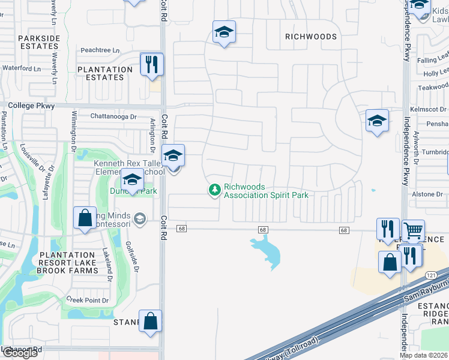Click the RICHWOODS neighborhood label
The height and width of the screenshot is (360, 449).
(x=311, y=37)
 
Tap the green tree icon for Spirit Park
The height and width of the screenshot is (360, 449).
(x=214, y=190)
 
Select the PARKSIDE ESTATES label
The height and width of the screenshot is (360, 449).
(x=39, y=42)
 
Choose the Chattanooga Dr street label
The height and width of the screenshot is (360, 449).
(x=110, y=116)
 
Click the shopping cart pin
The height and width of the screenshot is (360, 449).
(x=413, y=230)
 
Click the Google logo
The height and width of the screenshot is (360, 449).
(x=19, y=353)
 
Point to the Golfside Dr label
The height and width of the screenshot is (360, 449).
(x=133, y=256)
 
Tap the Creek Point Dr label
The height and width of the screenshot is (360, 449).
(x=88, y=300)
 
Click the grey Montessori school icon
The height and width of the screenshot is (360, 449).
(x=140, y=218)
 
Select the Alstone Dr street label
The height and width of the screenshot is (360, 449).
(x=427, y=194)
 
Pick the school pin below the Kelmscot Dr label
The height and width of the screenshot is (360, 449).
(x=376, y=121)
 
